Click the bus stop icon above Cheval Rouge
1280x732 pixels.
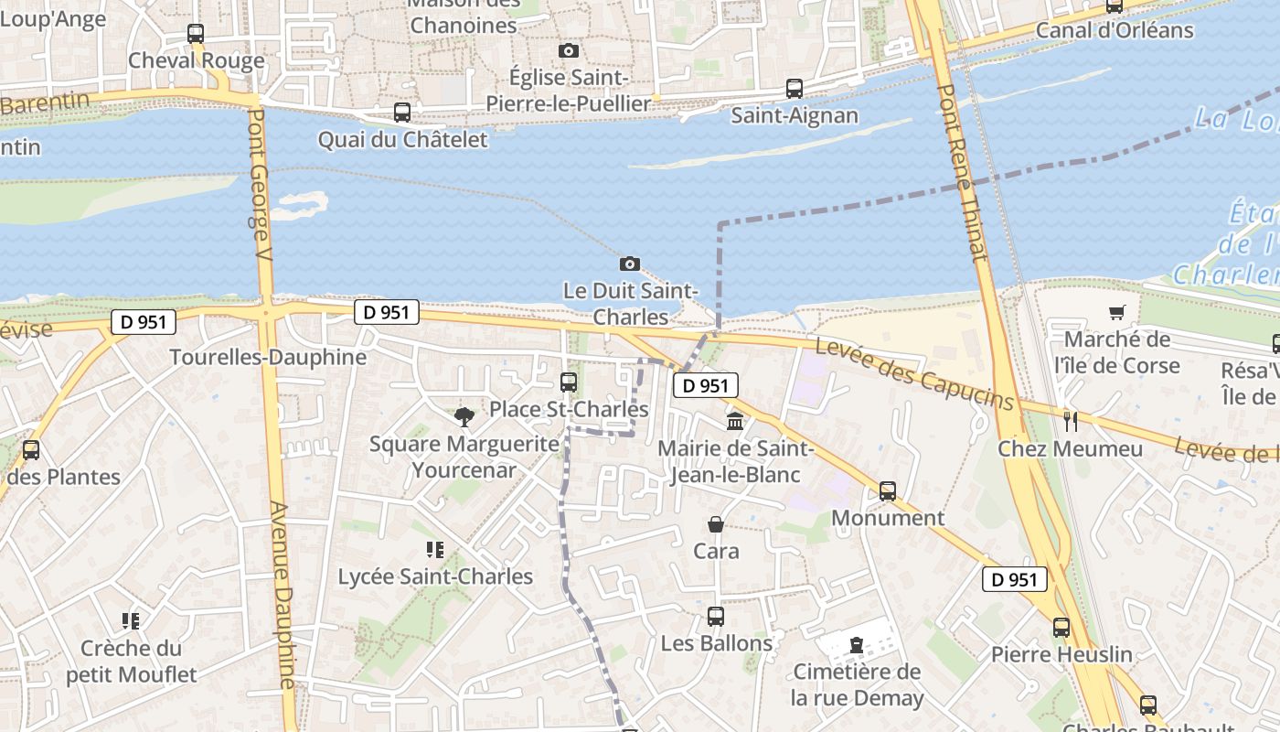tap(196, 34)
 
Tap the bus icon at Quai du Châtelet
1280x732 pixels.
tap(402, 113)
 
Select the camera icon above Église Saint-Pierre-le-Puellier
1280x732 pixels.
tap(569, 50)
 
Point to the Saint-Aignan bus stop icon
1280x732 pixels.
tap(795, 89)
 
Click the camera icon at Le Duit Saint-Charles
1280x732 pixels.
tap(630, 264)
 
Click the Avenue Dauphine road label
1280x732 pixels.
tap(284, 595)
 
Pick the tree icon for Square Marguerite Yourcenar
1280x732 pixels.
tap(464, 417)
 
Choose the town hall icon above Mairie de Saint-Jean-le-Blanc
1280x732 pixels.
tap(735, 422)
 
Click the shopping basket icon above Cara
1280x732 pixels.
tap(716, 524)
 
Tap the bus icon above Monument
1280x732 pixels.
tap(887, 490)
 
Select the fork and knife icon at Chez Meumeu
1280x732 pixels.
tap(1071, 422)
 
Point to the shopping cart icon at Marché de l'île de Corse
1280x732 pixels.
tap(1116, 313)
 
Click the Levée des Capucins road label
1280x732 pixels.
tap(914, 374)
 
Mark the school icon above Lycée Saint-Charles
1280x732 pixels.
tap(435, 550)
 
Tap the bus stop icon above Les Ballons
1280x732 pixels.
tap(716, 617)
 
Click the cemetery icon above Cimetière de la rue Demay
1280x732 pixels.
tap(857, 645)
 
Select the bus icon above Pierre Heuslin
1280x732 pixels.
tap(1061, 628)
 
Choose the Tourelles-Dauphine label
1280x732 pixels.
tap(268, 357)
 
